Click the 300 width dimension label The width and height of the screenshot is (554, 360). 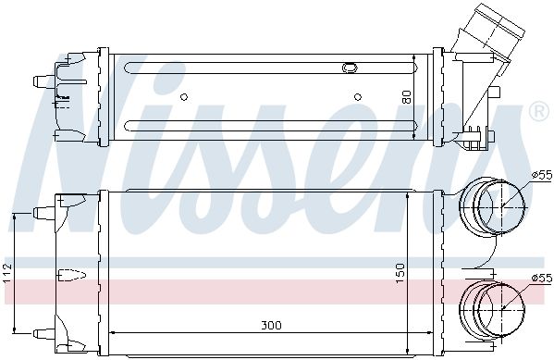pyautogui.click(x=271, y=325)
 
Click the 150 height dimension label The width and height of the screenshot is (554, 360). pyautogui.click(x=400, y=273)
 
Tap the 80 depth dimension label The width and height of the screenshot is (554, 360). pyautogui.click(x=407, y=97)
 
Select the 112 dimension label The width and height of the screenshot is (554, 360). pyautogui.click(x=7, y=273)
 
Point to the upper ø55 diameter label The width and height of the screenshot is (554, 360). pyautogui.click(x=542, y=174)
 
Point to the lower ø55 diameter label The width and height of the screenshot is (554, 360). pyautogui.click(x=542, y=279)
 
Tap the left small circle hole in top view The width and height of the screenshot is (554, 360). pyautogui.click(x=184, y=96)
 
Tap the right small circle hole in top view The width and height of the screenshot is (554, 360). pyautogui.click(x=358, y=96)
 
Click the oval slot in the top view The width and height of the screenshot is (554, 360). pyautogui.click(x=350, y=68)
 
